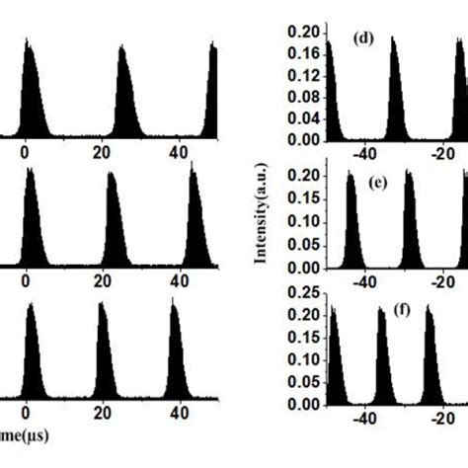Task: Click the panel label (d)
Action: point(362,40)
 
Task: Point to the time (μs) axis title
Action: point(24,434)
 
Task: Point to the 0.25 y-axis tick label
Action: point(302,292)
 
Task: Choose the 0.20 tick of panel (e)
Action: point(302,176)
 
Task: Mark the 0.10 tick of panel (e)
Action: point(302,221)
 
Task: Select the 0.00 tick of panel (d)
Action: point(302,141)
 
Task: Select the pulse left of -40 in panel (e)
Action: point(351,222)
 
